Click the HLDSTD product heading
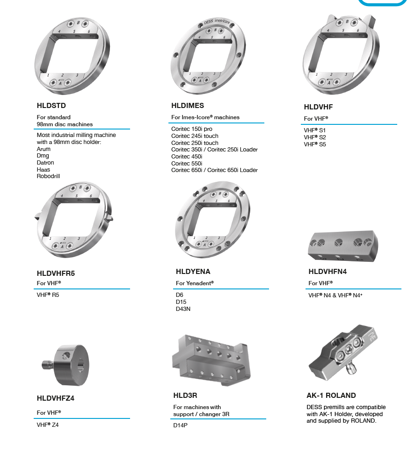tap(51, 106)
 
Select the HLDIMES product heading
tap(188, 106)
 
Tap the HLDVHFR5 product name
tap(56, 274)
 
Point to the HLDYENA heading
tap(193, 272)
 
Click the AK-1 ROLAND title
tap(331, 396)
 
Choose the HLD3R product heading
tap(185, 396)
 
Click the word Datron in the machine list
tap(45, 163)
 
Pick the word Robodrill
tap(48, 176)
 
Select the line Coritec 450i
tap(187, 157)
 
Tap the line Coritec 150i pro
tap(192, 129)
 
